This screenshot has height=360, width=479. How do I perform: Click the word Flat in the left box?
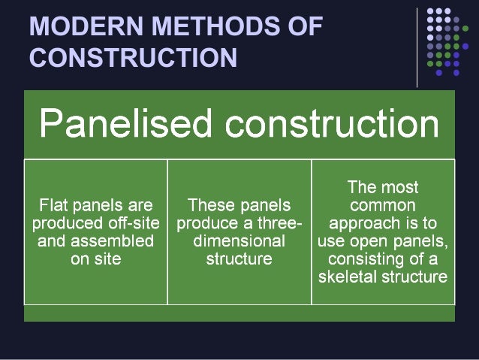point(53,204)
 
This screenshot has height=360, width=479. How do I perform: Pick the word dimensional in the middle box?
point(239,241)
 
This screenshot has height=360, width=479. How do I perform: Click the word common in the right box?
point(383,204)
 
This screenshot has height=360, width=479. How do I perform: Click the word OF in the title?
point(304,27)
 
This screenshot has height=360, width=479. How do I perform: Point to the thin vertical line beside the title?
point(417,47)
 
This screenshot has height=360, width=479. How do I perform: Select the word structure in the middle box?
point(239,259)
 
